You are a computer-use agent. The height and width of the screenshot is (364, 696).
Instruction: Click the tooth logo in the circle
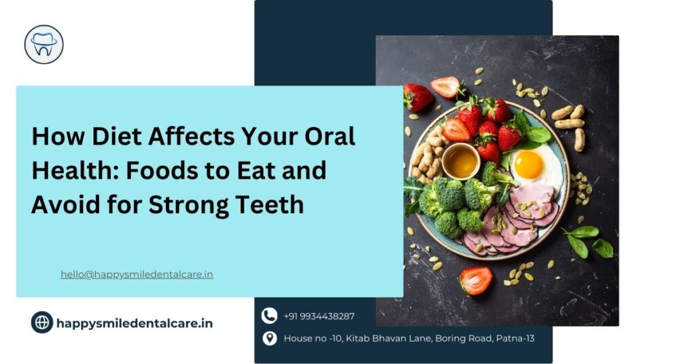[x=44, y=44]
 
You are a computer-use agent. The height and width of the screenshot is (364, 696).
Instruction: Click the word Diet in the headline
[x=116, y=136]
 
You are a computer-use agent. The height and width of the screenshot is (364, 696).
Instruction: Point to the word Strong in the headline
[x=188, y=205]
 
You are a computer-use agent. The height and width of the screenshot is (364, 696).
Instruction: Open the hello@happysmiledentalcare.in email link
[x=137, y=274]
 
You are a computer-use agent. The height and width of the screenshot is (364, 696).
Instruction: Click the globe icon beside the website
[x=42, y=323]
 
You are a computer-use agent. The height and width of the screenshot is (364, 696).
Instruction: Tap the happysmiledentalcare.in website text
[x=135, y=323]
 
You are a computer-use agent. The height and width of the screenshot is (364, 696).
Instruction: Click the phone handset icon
[x=269, y=316]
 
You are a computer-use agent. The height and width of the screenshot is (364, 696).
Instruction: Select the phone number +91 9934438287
[x=319, y=316]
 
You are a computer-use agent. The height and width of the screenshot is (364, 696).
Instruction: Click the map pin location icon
[x=269, y=338]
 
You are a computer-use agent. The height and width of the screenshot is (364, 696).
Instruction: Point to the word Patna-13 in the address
[x=515, y=338]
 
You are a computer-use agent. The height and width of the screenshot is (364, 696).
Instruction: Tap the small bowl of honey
[x=461, y=161]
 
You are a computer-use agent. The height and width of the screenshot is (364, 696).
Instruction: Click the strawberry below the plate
[x=475, y=280]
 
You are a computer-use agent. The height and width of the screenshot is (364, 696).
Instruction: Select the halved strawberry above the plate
[x=446, y=86]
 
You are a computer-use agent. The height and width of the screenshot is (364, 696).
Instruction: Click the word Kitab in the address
[x=358, y=338]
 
